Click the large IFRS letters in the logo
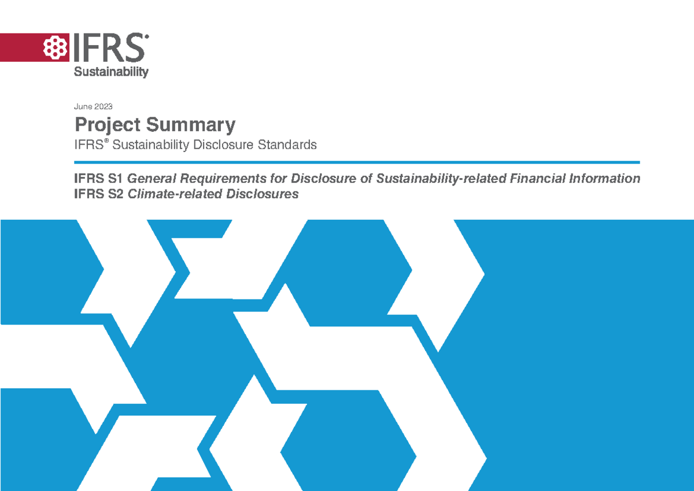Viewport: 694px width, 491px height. [x=108, y=47]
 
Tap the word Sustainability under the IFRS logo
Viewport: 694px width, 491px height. [x=110, y=72]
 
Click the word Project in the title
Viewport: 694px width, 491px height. [x=108, y=125]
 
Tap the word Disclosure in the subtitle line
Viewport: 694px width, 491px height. [x=222, y=145]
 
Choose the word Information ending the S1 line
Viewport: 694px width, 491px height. [x=606, y=179]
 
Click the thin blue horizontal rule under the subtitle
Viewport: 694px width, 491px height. [x=356, y=162]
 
